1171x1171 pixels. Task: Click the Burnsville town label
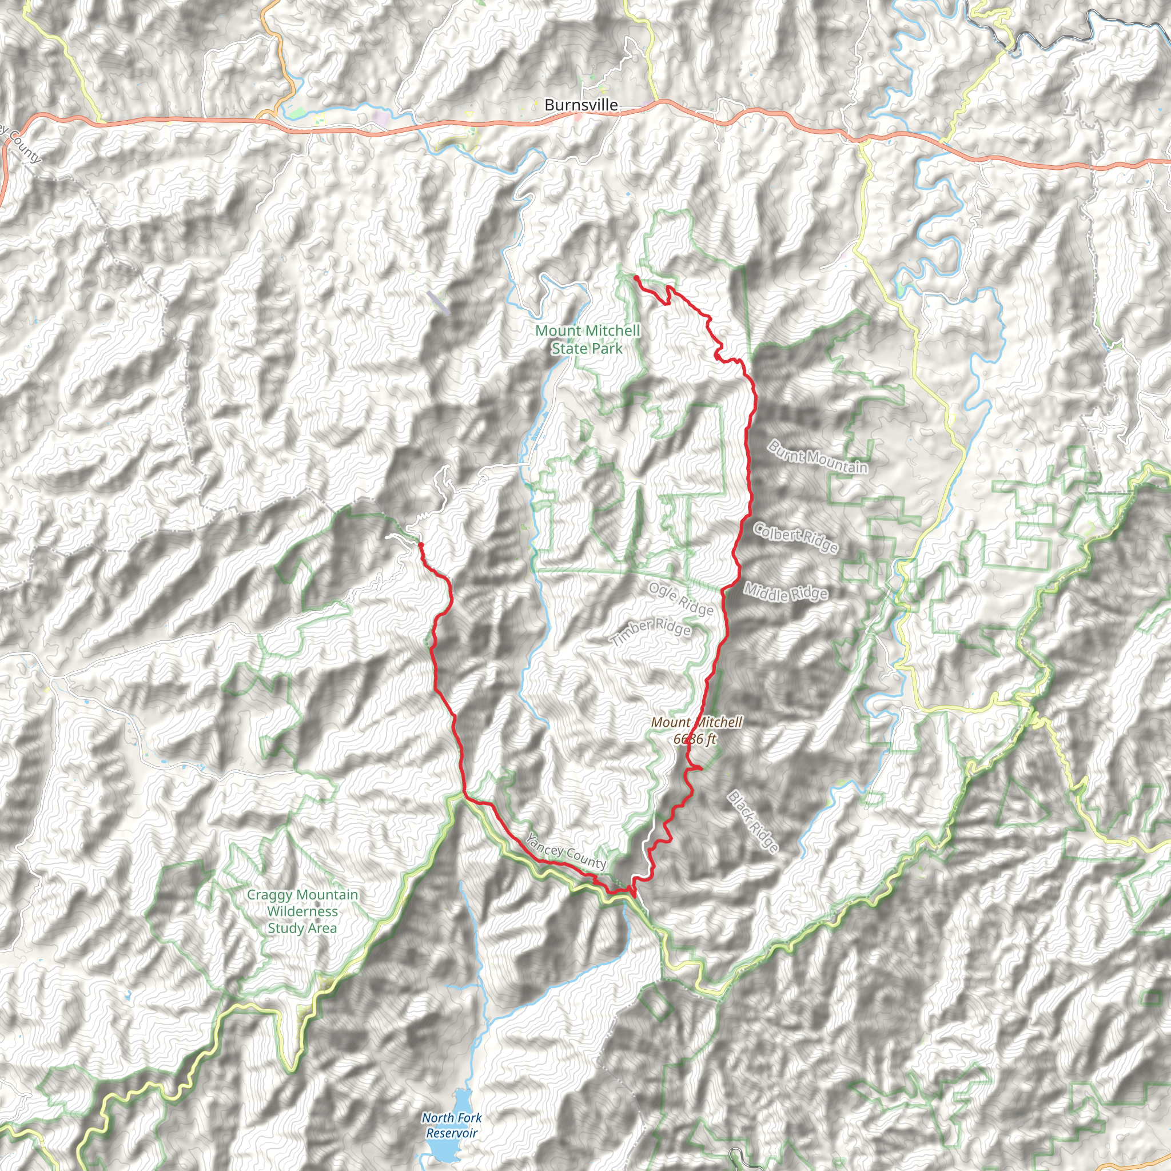pyautogui.click(x=581, y=105)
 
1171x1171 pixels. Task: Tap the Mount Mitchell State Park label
pyautogui.click(x=587, y=340)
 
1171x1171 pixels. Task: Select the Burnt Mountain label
pyautogui.click(x=817, y=457)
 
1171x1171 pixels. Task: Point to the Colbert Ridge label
pyautogui.click(x=795, y=537)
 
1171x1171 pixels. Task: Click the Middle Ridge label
pyautogui.click(x=786, y=592)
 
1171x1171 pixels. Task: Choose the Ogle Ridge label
pyautogui.click(x=680, y=598)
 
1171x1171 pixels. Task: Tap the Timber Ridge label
pyautogui.click(x=650, y=632)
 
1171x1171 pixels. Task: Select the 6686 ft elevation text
pyautogui.click(x=694, y=739)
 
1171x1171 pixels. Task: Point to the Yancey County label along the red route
pyautogui.click(x=565, y=851)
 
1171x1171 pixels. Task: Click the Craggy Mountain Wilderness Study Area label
pyautogui.click(x=302, y=911)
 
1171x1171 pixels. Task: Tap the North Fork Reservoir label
pyautogui.click(x=452, y=1125)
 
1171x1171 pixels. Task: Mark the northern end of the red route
pyautogui.click(x=635, y=277)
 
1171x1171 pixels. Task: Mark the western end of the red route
pyautogui.click(x=420, y=544)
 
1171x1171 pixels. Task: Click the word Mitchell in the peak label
pyautogui.click(x=718, y=723)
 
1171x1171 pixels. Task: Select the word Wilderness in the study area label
pyautogui.click(x=302, y=911)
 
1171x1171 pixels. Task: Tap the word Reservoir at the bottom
pyautogui.click(x=452, y=1133)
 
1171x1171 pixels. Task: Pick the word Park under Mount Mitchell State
pyautogui.click(x=608, y=349)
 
